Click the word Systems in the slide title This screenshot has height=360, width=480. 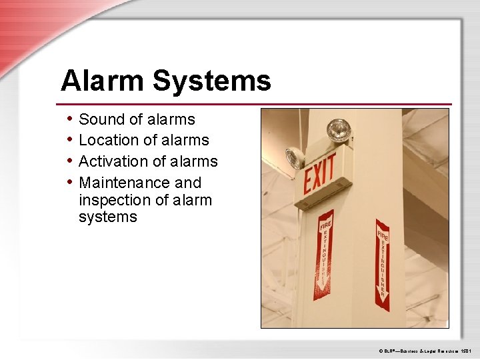211,81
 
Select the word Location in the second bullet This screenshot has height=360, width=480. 107,140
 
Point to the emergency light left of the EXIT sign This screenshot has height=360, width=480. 293,158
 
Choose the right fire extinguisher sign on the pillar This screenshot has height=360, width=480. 382,264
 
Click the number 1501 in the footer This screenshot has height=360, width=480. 465,350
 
